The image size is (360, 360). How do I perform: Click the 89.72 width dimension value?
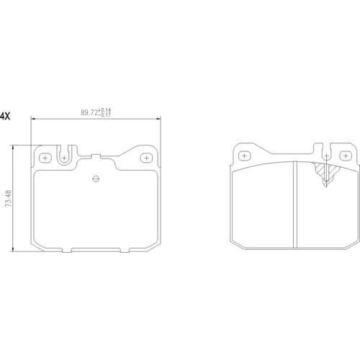89,112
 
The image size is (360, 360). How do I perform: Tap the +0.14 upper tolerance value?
104,110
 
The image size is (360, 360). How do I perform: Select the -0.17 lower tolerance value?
104,114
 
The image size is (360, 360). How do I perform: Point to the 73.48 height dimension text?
9,198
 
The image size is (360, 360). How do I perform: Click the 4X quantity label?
5,117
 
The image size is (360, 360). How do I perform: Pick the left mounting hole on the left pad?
45,158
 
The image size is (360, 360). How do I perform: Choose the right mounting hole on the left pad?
146,158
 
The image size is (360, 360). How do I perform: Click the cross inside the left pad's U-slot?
64,158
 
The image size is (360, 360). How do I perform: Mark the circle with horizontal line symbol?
96,179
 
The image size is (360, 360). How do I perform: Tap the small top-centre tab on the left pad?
96,156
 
